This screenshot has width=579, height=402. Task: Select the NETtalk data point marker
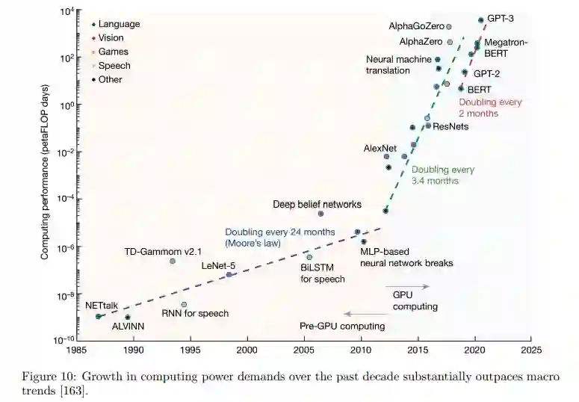point(98,316)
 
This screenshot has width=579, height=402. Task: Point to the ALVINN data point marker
point(127,318)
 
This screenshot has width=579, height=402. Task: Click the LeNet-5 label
point(220,266)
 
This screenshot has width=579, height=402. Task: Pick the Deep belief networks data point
point(321,214)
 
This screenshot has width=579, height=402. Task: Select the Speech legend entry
point(114,66)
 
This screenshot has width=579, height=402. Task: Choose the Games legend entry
point(113,52)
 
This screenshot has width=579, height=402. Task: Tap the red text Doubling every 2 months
point(490,108)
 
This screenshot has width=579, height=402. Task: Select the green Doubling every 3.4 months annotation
point(443,175)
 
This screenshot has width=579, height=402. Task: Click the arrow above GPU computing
point(407,286)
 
